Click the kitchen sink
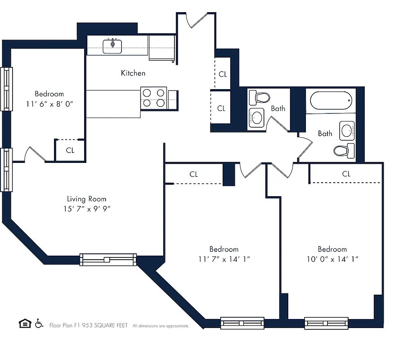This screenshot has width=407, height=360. pos(112,46)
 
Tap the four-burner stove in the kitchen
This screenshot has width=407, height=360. pos(154,98)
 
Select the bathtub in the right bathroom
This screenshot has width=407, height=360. pos(331,100)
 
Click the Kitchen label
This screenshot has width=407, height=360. pos(133,73)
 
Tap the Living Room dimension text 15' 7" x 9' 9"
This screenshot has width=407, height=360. pos(87,209)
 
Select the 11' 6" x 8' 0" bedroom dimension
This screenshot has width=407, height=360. pos(49,103)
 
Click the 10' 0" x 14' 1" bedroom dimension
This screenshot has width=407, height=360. pos(332,259)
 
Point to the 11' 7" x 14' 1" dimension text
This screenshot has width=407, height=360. pos(224,259)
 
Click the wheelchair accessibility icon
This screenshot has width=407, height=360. pos(39,323)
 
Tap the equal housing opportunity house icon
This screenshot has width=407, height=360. pos(25,323)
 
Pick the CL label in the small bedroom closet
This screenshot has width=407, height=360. pos(70,150)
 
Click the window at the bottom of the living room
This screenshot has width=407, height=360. pos(108,259)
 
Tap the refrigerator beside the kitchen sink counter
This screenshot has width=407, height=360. pos(161,47)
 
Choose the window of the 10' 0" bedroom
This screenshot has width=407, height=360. pos(326,323)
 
